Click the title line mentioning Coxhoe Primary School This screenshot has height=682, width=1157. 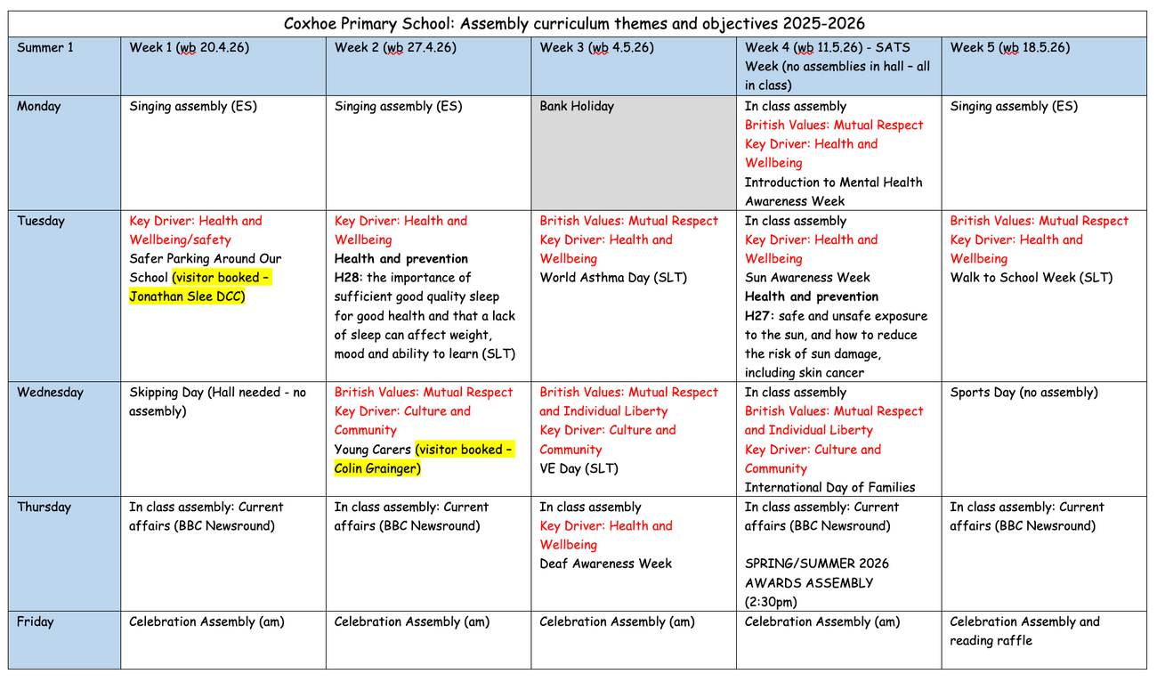(x=574, y=23)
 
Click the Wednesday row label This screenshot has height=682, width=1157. (x=50, y=392)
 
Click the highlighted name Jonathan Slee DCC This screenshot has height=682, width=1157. (x=187, y=296)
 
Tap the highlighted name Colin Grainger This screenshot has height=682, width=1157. (x=377, y=468)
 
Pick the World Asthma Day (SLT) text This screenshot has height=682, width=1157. (x=613, y=277)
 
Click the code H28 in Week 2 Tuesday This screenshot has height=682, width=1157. (x=348, y=278)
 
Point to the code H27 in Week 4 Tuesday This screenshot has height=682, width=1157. (x=758, y=316)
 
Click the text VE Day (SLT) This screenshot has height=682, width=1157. (x=578, y=468)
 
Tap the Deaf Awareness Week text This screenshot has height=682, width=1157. (x=606, y=564)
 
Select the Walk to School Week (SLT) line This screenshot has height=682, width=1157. (x=1031, y=277)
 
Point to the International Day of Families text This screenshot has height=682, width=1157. (x=829, y=487)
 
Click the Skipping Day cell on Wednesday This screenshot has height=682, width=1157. (x=217, y=401)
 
